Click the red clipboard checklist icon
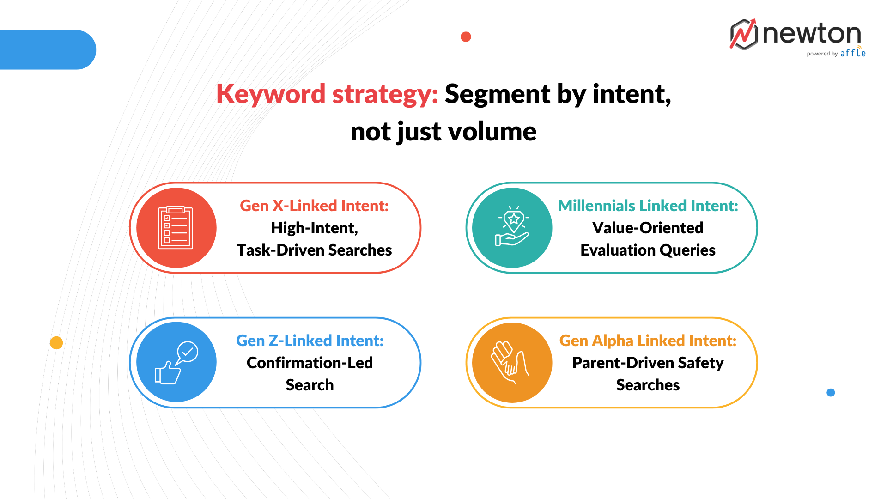(x=176, y=228)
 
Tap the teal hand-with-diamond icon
(x=512, y=228)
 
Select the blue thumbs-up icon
(x=176, y=363)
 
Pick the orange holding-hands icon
(x=512, y=363)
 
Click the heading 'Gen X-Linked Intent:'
(x=314, y=206)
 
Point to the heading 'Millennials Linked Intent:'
(x=648, y=206)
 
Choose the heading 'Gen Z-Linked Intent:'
(x=310, y=341)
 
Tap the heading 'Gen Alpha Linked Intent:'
(x=648, y=341)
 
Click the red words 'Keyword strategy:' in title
(x=327, y=94)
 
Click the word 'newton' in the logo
(x=812, y=34)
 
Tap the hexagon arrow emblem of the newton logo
(x=744, y=35)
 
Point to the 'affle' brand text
(x=853, y=53)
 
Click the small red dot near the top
(x=466, y=37)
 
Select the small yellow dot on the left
(x=56, y=343)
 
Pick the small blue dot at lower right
(x=831, y=393)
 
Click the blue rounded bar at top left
(x=46, y=50)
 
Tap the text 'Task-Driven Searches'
(x=314, y=250)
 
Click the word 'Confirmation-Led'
(x=310, y=363)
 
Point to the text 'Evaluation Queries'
(x=648, y=250)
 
